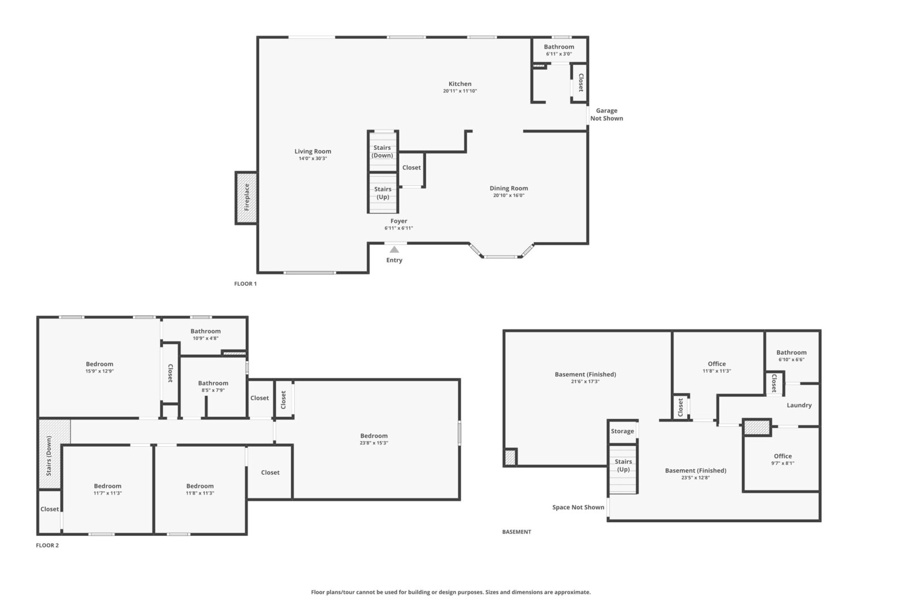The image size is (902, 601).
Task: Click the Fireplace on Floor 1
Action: [246, 198]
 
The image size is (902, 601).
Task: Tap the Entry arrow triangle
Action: [394, 250]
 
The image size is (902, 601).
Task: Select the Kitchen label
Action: [460, 84]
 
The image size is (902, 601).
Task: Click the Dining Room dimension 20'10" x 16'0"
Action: [509, 195]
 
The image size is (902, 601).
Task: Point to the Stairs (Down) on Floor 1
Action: [383, 152]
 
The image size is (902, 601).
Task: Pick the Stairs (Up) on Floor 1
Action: [383, 193]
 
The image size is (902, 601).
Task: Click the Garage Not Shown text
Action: [607, 114]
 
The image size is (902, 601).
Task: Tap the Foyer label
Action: [399, 221]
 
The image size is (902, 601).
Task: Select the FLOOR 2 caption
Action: [47, 545]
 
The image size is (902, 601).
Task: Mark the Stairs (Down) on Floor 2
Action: [49, 454]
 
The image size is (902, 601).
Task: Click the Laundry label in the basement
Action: [799, 405]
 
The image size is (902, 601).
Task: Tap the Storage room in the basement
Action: [622, 431]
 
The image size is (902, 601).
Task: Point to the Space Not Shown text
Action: [578, 507]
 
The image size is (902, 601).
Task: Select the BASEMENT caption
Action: [516, 532]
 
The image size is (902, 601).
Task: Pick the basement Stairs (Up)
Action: [623, 469]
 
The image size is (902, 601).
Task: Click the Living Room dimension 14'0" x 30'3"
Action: [312, 158]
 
